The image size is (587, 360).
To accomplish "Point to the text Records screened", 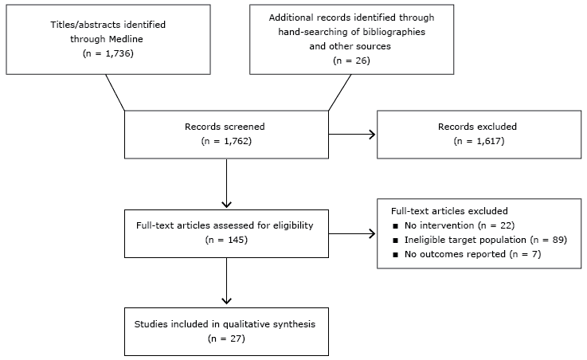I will click(x=226, y=126).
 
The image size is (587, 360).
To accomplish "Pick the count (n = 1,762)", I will click(x=226, y=142).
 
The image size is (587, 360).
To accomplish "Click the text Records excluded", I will click(x=477, y=126).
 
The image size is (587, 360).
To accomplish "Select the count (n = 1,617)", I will click(x=477, y=142).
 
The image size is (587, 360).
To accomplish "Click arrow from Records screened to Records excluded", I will click(x=351, y=134).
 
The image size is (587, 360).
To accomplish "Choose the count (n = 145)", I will click(x=226, y=240).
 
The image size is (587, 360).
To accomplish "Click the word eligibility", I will click(x=289, y=225).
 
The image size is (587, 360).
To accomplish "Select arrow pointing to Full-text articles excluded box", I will click(x=351, y=233).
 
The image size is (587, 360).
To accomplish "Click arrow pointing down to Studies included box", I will click(x=226, y=283).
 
